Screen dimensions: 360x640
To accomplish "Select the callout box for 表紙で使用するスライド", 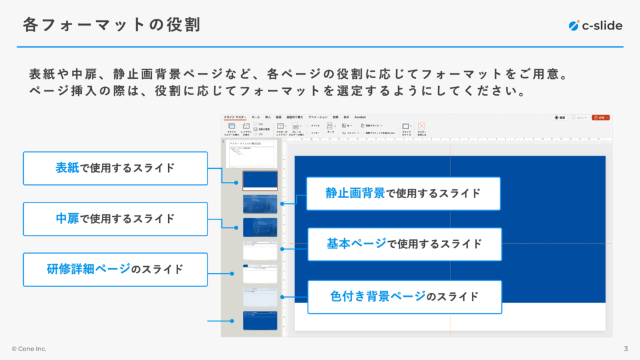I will [x=115, y=168].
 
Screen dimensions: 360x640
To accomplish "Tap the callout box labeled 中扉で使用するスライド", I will [x=115, y=219].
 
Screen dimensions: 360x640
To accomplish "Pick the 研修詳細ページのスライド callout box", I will [x=115, y=269].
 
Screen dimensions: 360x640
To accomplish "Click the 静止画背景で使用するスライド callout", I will [x=403, y=193].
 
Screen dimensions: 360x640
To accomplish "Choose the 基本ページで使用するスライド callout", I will [x=404, y=244].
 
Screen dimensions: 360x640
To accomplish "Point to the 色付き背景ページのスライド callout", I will [x=404, y=296].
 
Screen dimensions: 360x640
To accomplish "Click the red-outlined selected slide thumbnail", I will [x=260, y=181].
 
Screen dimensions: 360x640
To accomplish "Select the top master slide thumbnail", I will [x=252, y=154].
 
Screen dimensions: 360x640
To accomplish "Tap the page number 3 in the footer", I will [x=626, y=349].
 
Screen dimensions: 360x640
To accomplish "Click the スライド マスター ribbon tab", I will [x=235, y=117].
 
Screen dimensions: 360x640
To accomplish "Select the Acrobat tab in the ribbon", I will [x=360, y=117].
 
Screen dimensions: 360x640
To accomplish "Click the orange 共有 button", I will [x=600, y=117].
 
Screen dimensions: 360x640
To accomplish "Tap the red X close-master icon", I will [x=421, y=126].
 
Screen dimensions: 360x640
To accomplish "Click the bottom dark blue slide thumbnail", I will [x=260, y=321].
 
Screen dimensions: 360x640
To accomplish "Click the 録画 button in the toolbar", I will [x=560, y=117].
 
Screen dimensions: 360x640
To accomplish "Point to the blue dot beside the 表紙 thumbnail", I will [x=236, y=183].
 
